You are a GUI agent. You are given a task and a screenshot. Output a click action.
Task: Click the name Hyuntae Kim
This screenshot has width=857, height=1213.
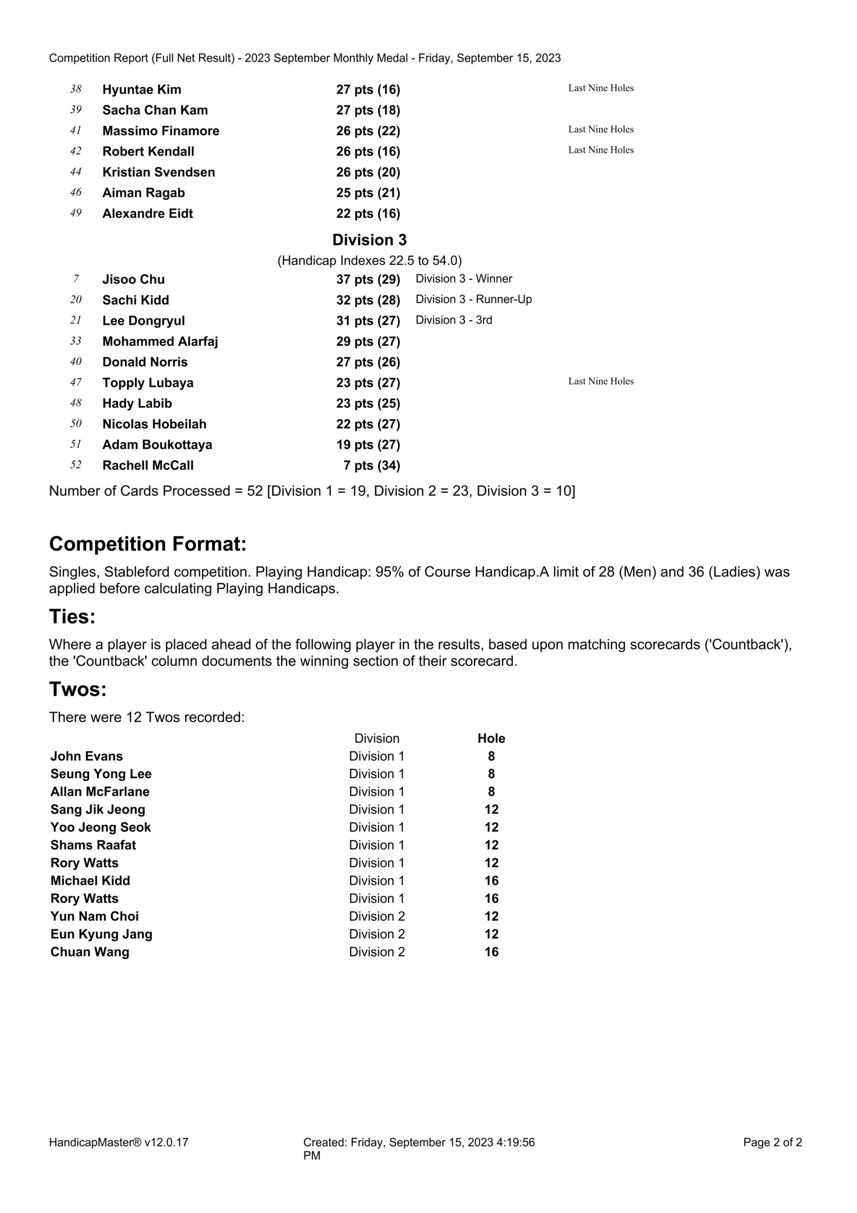tap(142, 90)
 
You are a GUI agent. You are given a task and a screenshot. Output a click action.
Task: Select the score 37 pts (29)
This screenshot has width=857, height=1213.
tap(368, 280)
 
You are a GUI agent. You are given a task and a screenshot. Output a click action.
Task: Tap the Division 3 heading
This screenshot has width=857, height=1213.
tap(370, 240)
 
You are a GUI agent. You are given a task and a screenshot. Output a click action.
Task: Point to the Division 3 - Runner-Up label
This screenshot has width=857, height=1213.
tap(473, 299)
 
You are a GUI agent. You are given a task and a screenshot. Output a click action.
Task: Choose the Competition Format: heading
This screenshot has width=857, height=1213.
tap(148, 544)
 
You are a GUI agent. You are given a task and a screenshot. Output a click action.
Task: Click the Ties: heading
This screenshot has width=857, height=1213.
tap(72, 616)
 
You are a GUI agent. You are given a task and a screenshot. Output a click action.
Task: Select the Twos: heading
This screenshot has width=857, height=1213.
tap(78, 689)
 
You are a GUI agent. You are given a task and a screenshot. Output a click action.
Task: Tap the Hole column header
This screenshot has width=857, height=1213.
tap(491, 739)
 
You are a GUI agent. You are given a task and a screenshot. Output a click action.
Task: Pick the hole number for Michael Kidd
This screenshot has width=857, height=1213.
tap(491, 881)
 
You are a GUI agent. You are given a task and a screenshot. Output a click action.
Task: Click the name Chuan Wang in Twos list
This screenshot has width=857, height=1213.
tap(90, 952)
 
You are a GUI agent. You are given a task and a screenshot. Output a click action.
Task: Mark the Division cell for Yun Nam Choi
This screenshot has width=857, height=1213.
tap(377, 916)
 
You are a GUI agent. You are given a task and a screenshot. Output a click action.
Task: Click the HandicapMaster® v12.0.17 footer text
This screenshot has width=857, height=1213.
tap(119, 1142)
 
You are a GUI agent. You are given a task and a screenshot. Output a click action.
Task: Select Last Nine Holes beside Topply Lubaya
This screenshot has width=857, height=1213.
tap(601, 381)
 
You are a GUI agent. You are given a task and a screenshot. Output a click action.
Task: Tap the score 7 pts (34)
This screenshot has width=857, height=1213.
tap(371, 465)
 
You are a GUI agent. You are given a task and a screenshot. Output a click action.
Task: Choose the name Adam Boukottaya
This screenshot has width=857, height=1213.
tap(157, 445)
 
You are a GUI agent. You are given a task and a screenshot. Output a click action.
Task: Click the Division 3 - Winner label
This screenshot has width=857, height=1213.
tap(464, 279)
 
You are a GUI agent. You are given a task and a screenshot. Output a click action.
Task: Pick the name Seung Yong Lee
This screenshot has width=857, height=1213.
tap(101, 774)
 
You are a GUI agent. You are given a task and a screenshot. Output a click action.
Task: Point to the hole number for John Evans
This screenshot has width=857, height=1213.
tap(491, 757)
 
